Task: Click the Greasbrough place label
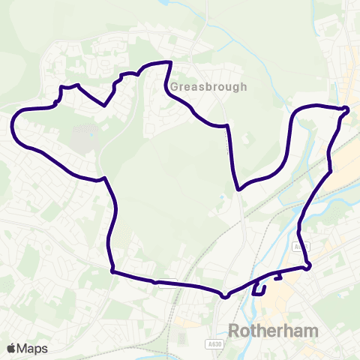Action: point(208,87)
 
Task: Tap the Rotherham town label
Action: point(273,331)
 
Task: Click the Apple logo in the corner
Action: point(10,349)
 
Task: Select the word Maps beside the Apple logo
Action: point(32,349)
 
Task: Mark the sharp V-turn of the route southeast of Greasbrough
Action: point(238,190)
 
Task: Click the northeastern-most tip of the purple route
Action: point(347,110)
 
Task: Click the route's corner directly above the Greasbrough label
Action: point(172,63)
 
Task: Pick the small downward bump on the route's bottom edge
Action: point(224,296)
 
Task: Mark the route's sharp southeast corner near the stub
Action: point(308,267)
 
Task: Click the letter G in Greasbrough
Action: point(174,87)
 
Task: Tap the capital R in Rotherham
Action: point(232,331)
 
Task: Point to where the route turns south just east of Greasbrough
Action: point(224,125)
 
